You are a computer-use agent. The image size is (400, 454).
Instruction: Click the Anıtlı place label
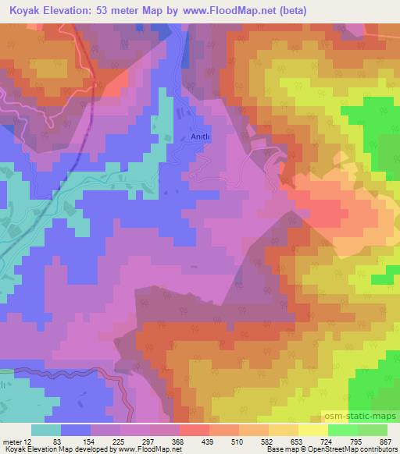(202, 135)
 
